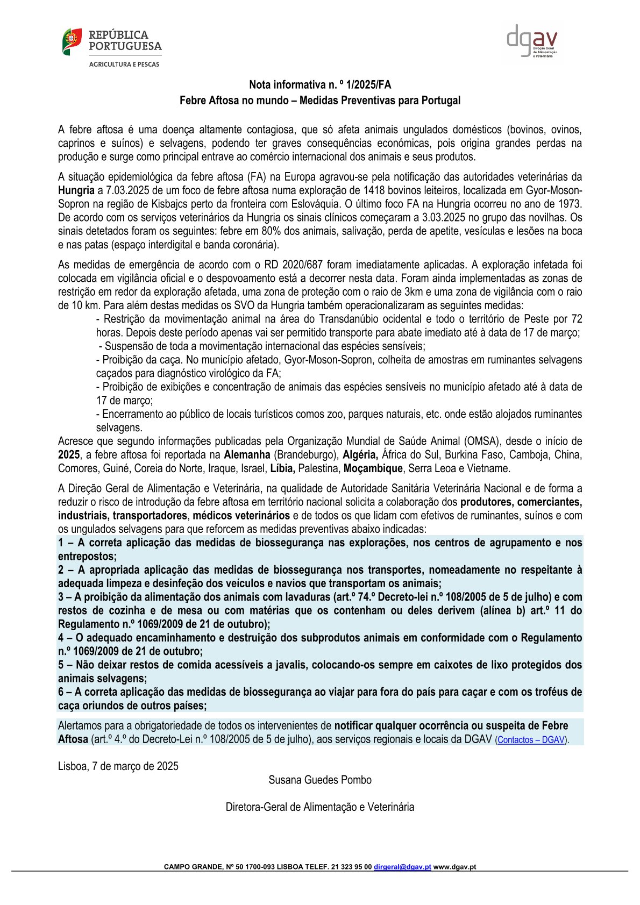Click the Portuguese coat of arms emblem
[72, 41]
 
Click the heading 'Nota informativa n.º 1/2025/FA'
[320, 84]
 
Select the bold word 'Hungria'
[76, 190]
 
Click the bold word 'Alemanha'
[247, 455]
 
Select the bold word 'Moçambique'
[373, 468]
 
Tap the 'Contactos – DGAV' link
[531, 740]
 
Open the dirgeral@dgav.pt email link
[402, 867]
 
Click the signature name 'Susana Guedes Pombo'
[320, 780]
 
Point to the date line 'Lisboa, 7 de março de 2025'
[118, 766]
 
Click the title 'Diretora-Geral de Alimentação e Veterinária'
[320, 807]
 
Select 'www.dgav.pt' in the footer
[454, 867]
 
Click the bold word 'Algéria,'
[360, 455]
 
